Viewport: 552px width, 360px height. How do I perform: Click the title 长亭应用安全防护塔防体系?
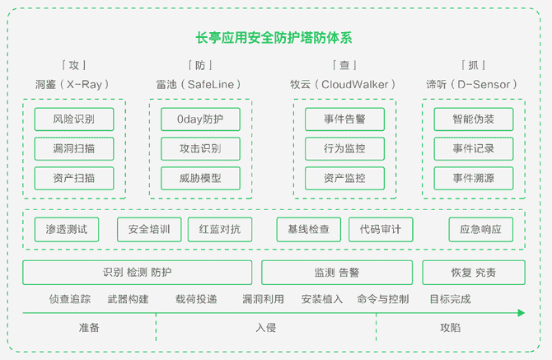[274, 38]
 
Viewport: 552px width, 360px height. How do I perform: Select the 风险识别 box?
[74, 119]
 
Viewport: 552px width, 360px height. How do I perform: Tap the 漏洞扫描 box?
[74, 149]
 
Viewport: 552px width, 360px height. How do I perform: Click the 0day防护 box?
[200, 119]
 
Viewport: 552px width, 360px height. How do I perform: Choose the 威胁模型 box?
[200, 179]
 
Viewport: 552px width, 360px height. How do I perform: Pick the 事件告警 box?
[344, 119]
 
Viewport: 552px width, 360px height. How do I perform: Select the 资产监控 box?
[344, 179]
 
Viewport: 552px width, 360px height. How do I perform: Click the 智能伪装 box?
[474, 119]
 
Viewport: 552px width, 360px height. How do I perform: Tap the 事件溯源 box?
[474, 179]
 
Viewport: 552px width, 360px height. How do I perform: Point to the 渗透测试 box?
[67, 230]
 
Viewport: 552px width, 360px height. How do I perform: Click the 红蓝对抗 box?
[220, 230]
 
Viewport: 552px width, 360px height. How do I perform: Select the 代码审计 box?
[381, 230]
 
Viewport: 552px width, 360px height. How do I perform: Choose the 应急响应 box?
[481, 230]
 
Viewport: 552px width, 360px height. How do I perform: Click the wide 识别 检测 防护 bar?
[138, 273]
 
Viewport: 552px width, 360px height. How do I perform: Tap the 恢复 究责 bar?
[474, 273]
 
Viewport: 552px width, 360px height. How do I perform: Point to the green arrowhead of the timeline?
[522, 313]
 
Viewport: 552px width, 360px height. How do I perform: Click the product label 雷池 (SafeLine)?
[199, 85]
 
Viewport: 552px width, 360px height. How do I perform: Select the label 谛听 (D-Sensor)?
[471, 85]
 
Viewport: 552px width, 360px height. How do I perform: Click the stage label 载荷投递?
[196, 299]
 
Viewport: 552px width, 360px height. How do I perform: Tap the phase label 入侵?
[266, 328]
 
